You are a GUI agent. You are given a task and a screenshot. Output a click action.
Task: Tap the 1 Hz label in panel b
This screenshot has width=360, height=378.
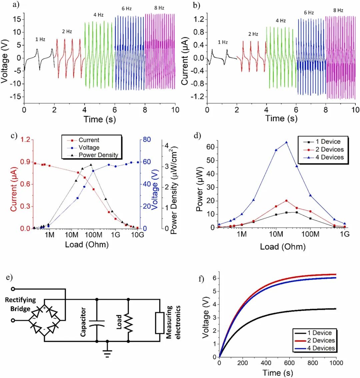223,42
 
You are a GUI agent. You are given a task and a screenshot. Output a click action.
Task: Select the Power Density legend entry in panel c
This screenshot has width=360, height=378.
98,155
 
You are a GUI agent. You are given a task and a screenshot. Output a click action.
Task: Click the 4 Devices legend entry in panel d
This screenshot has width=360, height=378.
327,157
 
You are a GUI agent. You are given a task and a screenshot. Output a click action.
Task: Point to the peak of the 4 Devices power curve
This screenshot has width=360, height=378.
286,142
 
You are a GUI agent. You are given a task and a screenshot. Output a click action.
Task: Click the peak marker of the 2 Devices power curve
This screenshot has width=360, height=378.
286,200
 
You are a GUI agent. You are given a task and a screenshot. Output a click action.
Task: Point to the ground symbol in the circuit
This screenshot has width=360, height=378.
107,353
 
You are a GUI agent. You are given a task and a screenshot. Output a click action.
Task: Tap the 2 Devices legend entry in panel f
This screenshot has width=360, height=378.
315,340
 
